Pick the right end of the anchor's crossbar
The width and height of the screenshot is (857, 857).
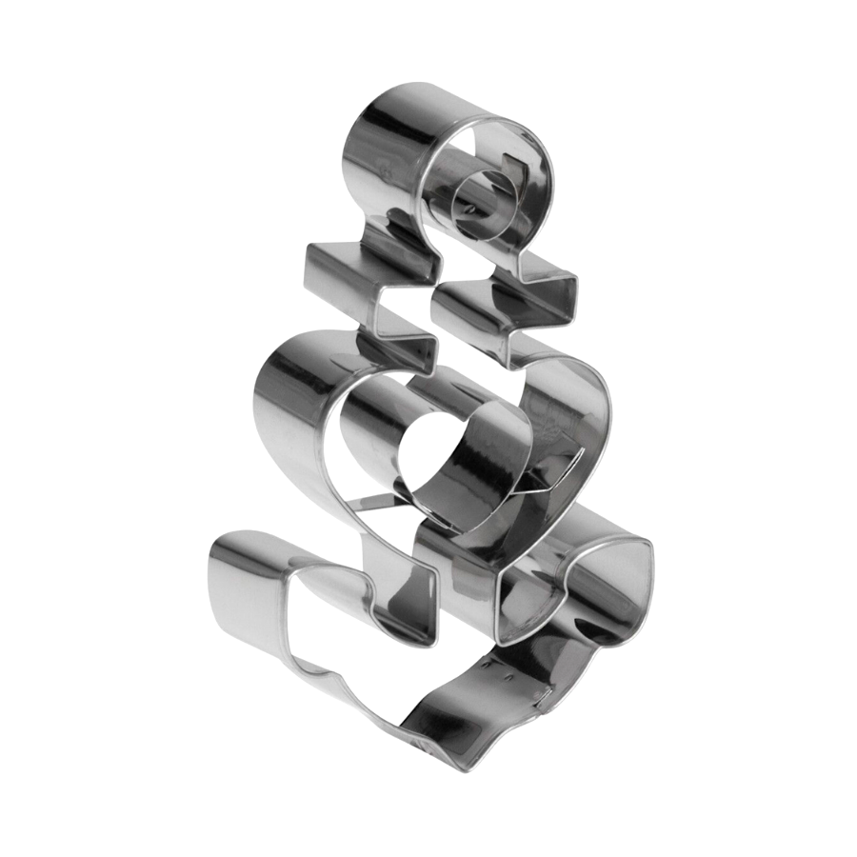[x=562, y=286]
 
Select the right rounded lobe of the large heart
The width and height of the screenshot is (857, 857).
[x=581, y=400]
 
